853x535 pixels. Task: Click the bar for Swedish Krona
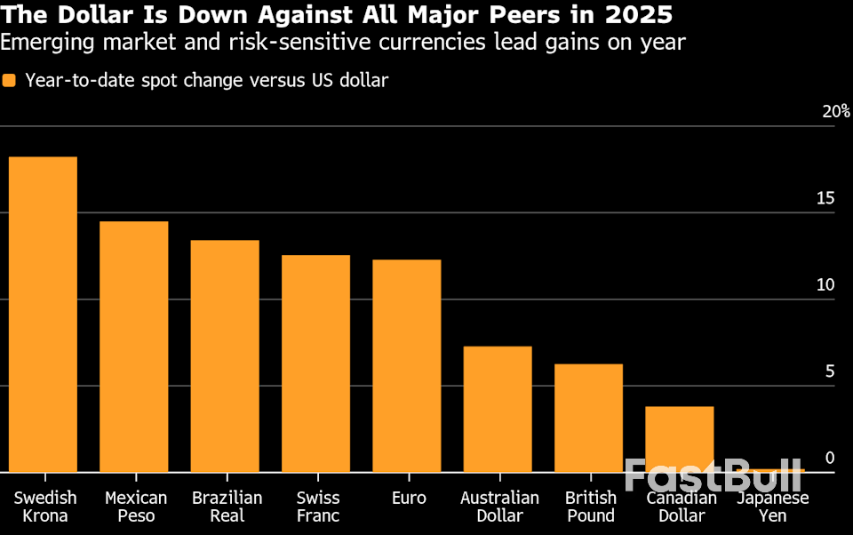coord(43,314)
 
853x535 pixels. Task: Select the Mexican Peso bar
coord(134,347)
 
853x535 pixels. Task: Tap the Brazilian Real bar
coord(225,355)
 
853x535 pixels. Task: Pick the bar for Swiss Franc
coord(315,363)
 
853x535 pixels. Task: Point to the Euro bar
coord(407,365)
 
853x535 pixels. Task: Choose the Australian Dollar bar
coord(498,409)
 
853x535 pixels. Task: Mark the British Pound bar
coord(588,418)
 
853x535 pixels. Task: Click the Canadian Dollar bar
coord(680,439)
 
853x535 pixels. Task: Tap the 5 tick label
coord(830,371)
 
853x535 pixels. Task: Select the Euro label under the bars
coord(409,499)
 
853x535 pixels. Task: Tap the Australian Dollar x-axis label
coord(499,507)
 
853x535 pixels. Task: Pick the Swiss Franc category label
coord(318,507)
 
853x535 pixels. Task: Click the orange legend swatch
coord(10,81)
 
